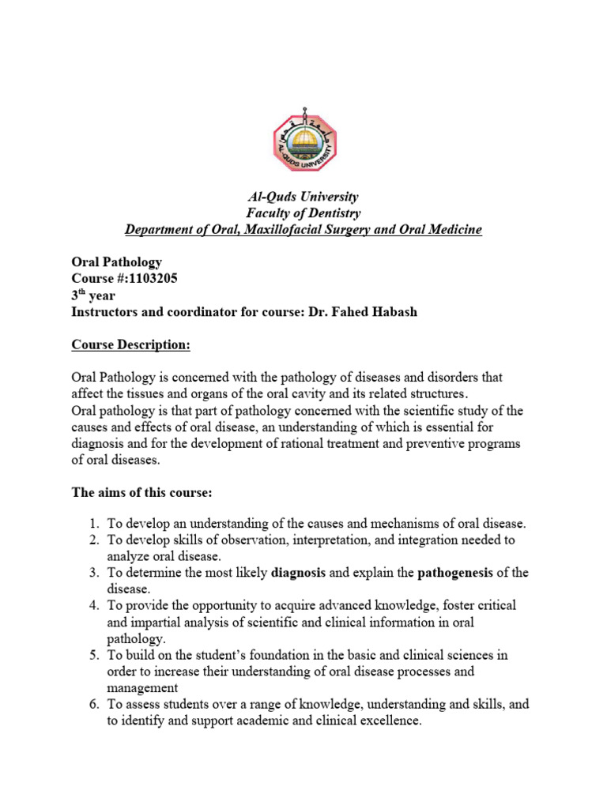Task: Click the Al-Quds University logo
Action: pyautogui.click(x=303, y=141)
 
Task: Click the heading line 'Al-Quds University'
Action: pyautogui.click(x=303, y=197)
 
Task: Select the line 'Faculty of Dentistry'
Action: pyautogui.click(x=303, y=213)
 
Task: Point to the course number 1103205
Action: pyautogui.click(x=150, y=279)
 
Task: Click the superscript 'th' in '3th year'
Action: pyautogui.click(x=85, y=293)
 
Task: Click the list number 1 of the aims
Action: pyautogui.click(x=92, y=524)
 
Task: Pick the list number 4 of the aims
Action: pyautogui.click(x=92, y=605)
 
